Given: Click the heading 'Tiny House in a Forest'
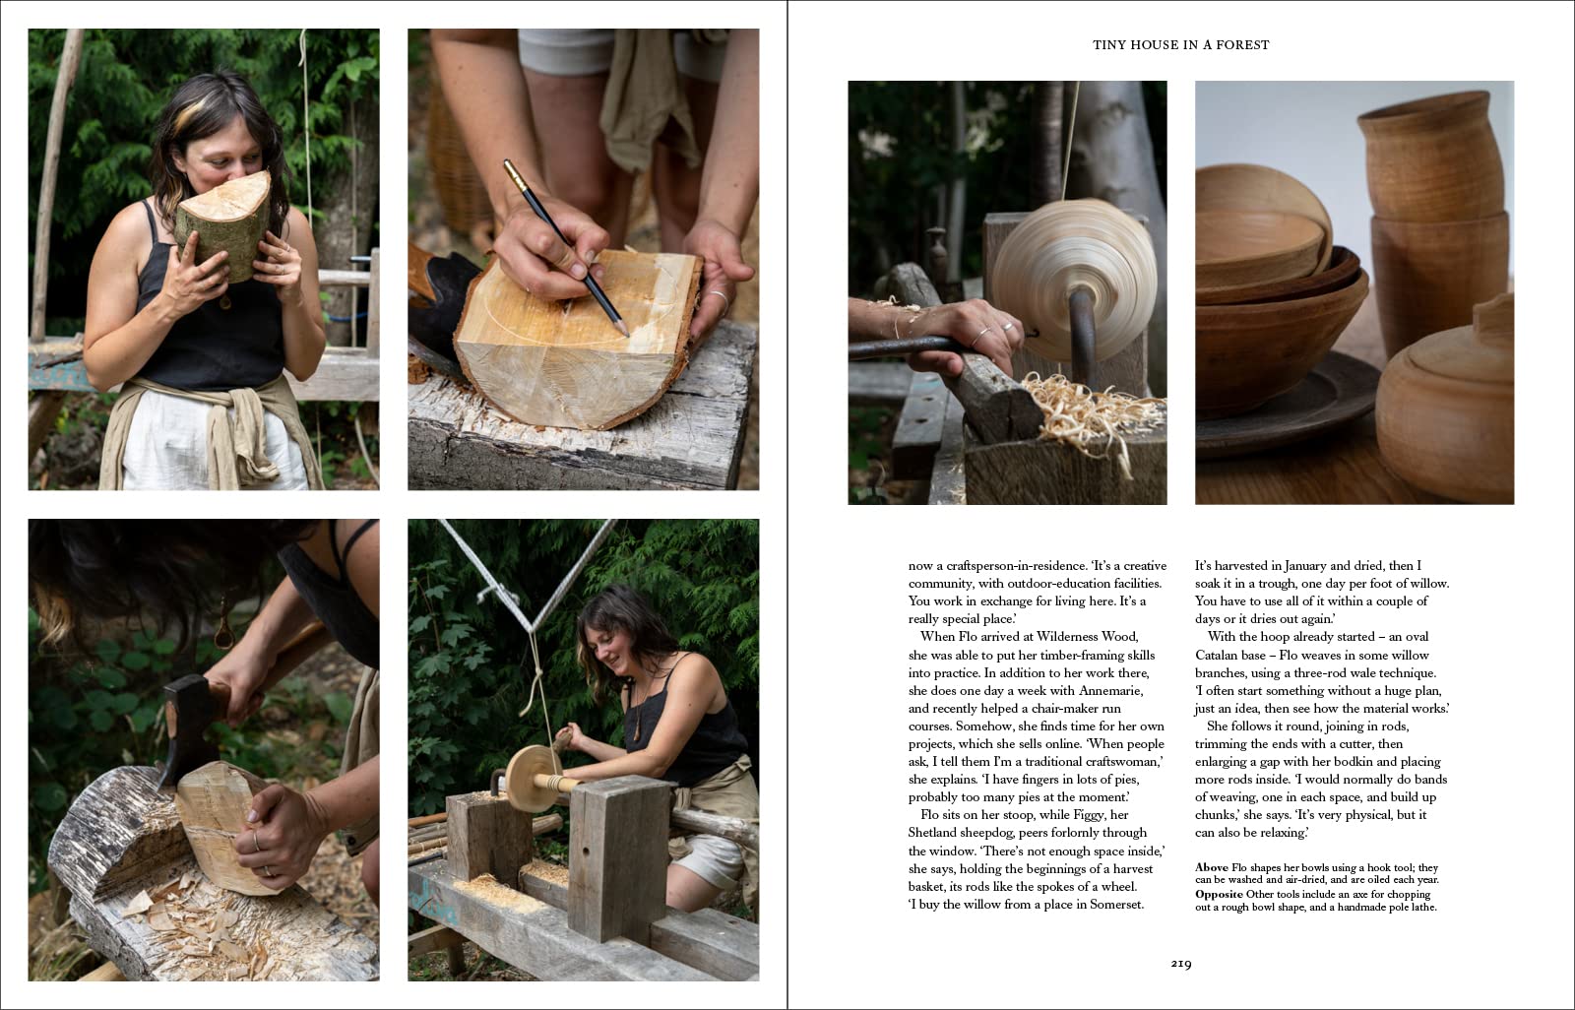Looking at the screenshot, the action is pyautogui.click(x=1180, y=45).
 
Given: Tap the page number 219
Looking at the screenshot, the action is pyautogui.click(x=1181, y=964).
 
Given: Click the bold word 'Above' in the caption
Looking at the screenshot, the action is pyautogui.click(x=1212, y=867).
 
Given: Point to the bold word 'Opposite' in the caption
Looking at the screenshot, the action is pyautogui.click(x=1220, y=894).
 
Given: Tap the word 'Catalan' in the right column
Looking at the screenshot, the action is pyautogui.click(x=1217, y=655).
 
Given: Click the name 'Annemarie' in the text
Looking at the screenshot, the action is pyautogui.click(x=1111, y=691).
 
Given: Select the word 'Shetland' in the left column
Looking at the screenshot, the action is pyautogui.click(x=933, y=833).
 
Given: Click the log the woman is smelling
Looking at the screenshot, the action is pyautogui.click(x=223, y=225).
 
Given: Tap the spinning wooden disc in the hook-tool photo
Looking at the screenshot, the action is pyautogui.click(x=1074, y=278).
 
